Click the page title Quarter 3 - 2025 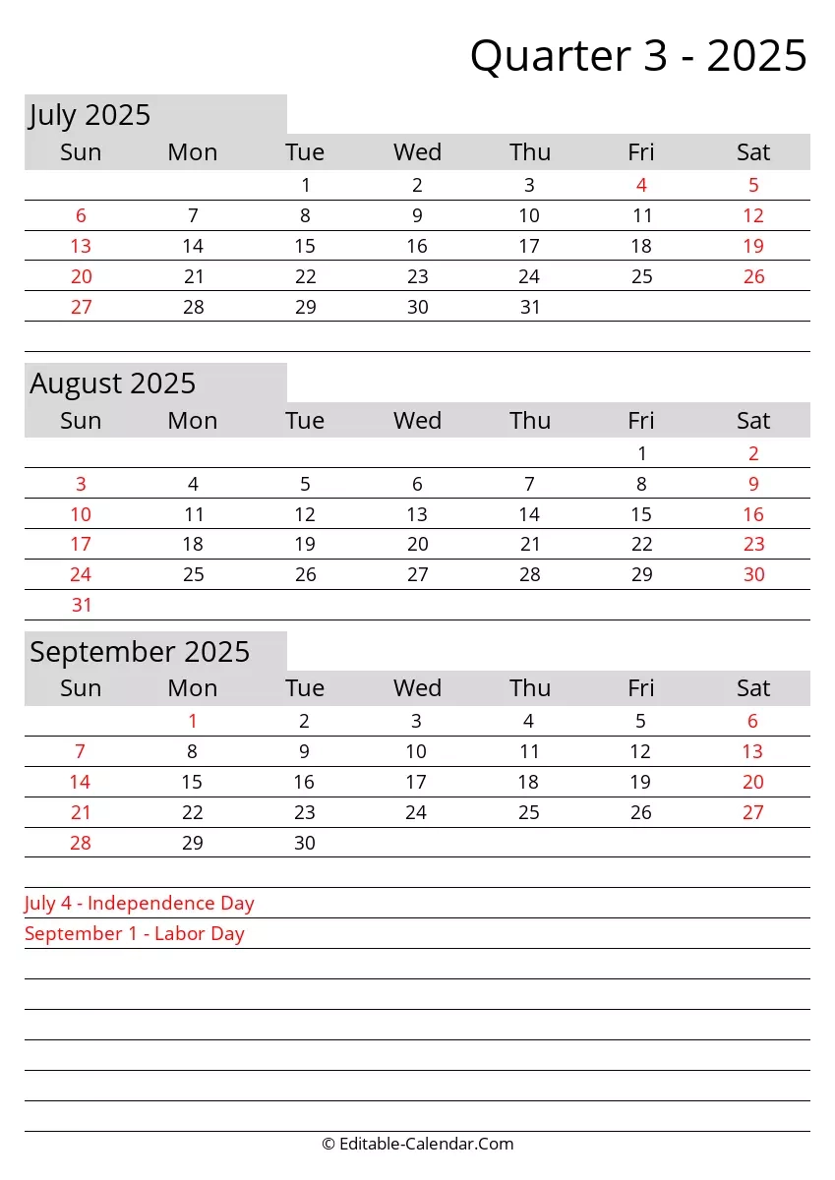click(638, 56)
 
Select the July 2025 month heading click(89, 115)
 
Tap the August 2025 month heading click(112, 383)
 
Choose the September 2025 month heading click(140, 652)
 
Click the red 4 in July click(641, 185)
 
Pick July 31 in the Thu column click(530, 307)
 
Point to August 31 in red click(81, 605)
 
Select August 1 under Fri click(641, 453)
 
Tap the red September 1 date click(193, 722)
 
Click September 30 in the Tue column click(305, 843)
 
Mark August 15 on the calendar click(641, 514)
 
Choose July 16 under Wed click(417, 246)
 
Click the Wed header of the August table click(417, 421)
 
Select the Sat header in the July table click(753, 152)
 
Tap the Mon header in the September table click(193, 688)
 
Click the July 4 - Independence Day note click(140, 903)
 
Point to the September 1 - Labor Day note click(135, 933)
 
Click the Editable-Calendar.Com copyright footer click(417, 1144)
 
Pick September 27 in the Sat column click(753, 812)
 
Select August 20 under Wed click(417, 545)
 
